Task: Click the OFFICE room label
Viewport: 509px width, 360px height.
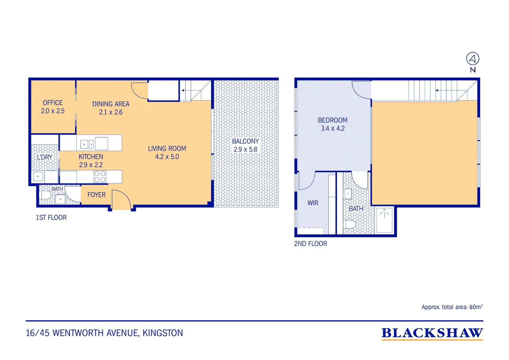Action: point(53,103)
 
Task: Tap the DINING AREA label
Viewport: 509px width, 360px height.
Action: point(111,104)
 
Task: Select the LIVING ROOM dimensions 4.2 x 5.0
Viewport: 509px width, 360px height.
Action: point(167,157)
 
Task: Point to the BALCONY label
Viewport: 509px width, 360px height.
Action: point(246,141)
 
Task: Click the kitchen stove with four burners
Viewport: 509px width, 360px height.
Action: point(100,176)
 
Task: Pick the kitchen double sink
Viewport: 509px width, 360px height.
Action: point(87,144)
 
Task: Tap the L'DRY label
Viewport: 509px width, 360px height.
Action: point(45,157)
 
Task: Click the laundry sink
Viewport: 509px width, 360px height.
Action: point(38,176)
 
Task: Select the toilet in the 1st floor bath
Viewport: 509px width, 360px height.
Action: point(46,195)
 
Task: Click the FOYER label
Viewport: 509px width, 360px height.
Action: point(97,195)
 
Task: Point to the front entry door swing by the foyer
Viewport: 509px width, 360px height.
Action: point(121,199)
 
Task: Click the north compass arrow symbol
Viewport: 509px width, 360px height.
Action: point(473,59)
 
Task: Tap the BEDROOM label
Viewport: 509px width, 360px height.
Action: point(333,120)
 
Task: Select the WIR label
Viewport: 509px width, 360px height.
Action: point(313,203)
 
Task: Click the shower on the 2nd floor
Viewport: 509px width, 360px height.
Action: point(384,220)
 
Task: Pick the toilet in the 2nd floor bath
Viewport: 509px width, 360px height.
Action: point(349,224)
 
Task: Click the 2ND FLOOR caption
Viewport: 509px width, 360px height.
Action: point(310,244)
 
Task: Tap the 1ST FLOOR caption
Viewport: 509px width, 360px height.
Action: point(51,218)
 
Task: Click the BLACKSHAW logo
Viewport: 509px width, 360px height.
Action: point(432,333)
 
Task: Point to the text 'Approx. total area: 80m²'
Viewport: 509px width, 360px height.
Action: point(452,307)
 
